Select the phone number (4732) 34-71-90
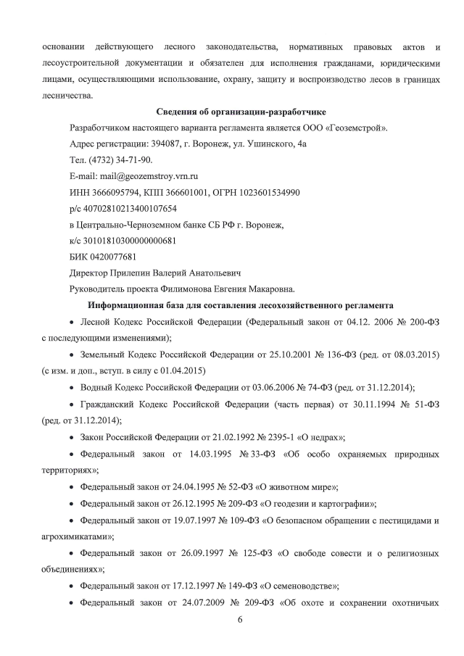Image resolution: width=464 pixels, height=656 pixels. pos(122,160)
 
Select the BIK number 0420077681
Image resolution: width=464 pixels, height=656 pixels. pos(107,257)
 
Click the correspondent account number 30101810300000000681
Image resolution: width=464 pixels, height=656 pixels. pos(127,241)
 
